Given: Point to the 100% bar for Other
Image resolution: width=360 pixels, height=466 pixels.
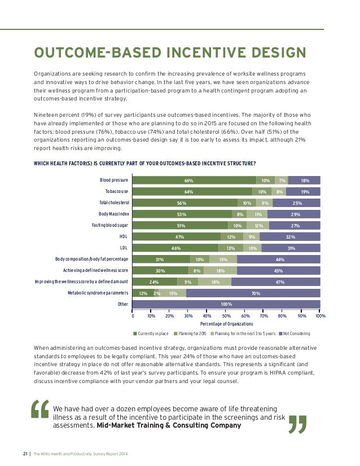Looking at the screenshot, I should [x=226, y=305].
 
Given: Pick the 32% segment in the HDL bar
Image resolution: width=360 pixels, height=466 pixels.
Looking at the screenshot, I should [x=290, y=236].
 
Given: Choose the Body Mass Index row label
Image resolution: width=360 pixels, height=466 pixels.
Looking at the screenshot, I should [x=114, y=214].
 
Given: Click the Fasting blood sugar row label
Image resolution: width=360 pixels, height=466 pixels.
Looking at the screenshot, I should [x=111, y=225].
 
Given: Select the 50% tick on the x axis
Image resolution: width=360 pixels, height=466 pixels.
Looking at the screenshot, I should [x=226, y=316].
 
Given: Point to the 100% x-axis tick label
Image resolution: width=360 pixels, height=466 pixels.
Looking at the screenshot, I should [x=320, y=316].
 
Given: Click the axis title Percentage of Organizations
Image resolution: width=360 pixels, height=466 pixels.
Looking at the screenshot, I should [x=226, y=324].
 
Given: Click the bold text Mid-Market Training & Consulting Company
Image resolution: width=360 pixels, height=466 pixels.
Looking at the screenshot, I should [x=169, y=425].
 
